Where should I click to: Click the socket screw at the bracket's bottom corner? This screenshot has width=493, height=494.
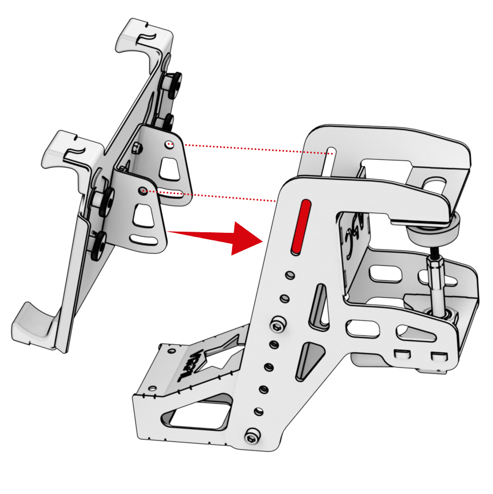(x=252, y=436)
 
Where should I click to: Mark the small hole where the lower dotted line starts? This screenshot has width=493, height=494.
(x=142, y=189)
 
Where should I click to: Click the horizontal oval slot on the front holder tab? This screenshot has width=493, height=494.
(x=145, y=238)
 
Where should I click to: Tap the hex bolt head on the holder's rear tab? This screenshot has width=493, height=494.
(x=137, y=148)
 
